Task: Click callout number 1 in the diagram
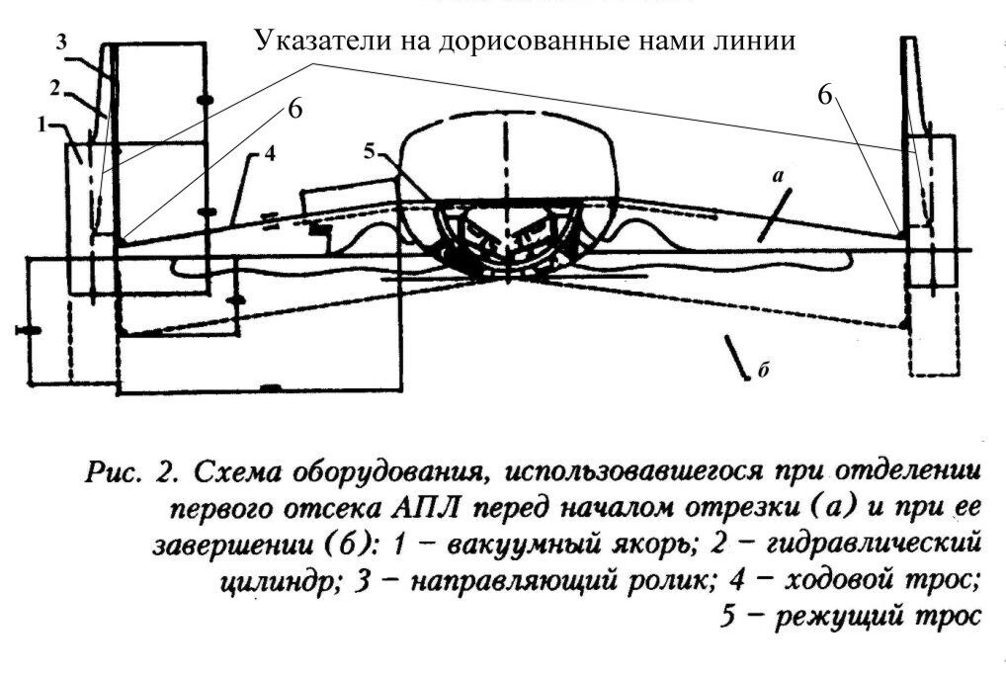[x=42, y=126]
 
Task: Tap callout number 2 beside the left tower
[x=55, y=88]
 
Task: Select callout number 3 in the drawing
[x=61, y=42]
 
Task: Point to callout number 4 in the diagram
[x=270, y=154]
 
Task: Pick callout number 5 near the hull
[x=369, y=153]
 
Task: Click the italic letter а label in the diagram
[x=779, y=176]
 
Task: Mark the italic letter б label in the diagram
[x=764, y=371]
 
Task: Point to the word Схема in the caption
[x=235, y=472]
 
